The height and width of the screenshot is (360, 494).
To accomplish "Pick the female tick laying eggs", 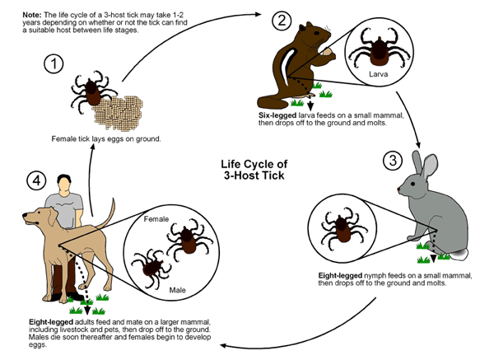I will [86, 91].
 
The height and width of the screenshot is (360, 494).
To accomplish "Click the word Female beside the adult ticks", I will [157, 220].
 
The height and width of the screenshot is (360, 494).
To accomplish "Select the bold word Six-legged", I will [280, 115].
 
